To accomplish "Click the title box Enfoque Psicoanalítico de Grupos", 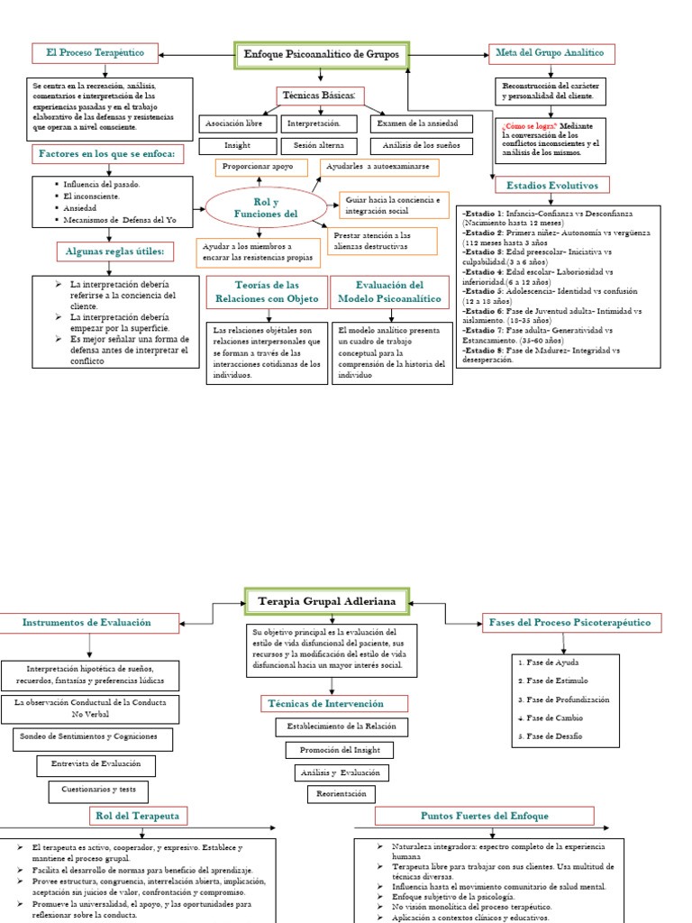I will point(322,56).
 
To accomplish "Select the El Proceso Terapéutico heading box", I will point(95,53).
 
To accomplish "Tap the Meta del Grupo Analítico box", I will point(551,53).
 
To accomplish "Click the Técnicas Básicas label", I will point(320,96).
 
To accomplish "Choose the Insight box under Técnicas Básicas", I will point(237,145).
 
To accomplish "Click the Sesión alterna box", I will point(319,145).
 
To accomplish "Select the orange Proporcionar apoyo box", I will point(259,168).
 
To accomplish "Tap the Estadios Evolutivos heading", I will point(552,185).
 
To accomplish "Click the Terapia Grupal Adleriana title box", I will point(327,600).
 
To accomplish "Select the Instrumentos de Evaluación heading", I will point(86,623).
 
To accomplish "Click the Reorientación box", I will point(341,794).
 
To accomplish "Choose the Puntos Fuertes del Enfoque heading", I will point(485,816).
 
